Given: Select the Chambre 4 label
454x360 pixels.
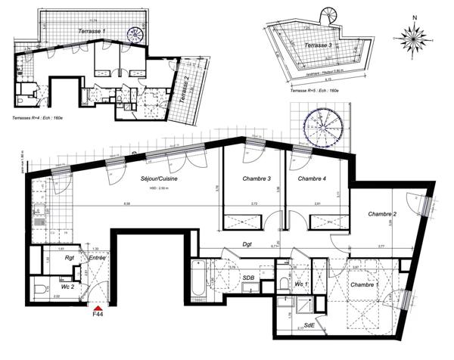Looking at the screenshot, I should [313, 179].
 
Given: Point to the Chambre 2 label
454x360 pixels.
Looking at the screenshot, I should [384, 215].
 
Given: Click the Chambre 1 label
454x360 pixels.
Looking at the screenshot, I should [365, 284].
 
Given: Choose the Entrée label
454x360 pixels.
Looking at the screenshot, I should [97, 258].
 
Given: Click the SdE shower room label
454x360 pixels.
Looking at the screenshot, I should [309, 326].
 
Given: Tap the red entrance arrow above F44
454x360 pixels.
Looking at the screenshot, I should [97, 307].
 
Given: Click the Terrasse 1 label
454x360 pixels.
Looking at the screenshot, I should [92, 29].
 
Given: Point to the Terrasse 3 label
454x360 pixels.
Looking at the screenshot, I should [317, 45].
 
